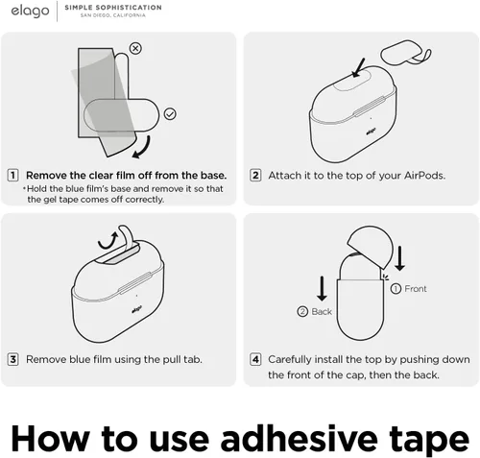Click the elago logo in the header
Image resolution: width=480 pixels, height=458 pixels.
point(30,11)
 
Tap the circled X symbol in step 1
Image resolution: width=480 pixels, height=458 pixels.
point(135,48)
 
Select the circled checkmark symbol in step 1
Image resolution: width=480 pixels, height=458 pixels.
point(170,114)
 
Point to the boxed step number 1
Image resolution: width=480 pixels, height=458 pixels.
point(12,175)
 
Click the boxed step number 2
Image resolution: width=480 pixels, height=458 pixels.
point(255,175)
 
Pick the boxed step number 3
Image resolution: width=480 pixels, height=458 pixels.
point(12,359)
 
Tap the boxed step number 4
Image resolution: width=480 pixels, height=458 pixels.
point(255,359)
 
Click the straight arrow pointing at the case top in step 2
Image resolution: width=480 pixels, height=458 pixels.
point(358,67)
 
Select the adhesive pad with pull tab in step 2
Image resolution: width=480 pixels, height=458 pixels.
point(405,53)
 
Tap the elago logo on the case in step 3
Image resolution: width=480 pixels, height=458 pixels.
point(137,310)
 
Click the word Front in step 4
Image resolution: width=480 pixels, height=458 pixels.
point(416,289)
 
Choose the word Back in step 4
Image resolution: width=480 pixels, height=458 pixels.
point(322,311)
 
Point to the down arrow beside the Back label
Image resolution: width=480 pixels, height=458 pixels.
point(322,289)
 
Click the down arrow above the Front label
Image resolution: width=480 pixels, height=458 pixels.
point(399,258)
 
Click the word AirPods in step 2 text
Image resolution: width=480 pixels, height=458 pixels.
point(424,176)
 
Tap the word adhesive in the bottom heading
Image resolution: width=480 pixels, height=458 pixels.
point(300,438)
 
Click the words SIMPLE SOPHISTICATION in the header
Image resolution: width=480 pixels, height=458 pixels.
point(113,8)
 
